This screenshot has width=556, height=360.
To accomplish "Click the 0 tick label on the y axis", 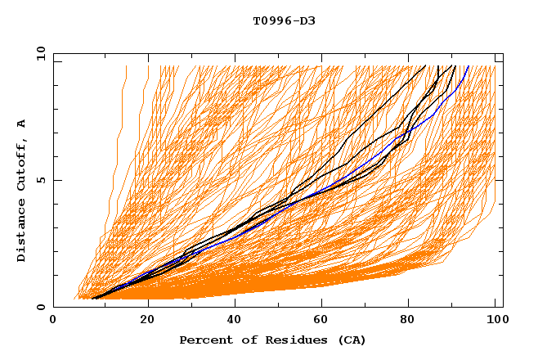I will coord(41,307).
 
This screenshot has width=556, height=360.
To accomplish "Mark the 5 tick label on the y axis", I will coord(41,180).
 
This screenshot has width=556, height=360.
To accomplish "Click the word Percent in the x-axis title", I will coord(202,340).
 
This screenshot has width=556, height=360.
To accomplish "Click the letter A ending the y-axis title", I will coord(22,124).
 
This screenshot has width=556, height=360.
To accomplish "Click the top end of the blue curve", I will coord(469,65).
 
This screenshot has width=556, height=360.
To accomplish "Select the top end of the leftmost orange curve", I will coord(127,65).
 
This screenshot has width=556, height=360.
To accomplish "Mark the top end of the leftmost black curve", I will coord(426,65).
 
